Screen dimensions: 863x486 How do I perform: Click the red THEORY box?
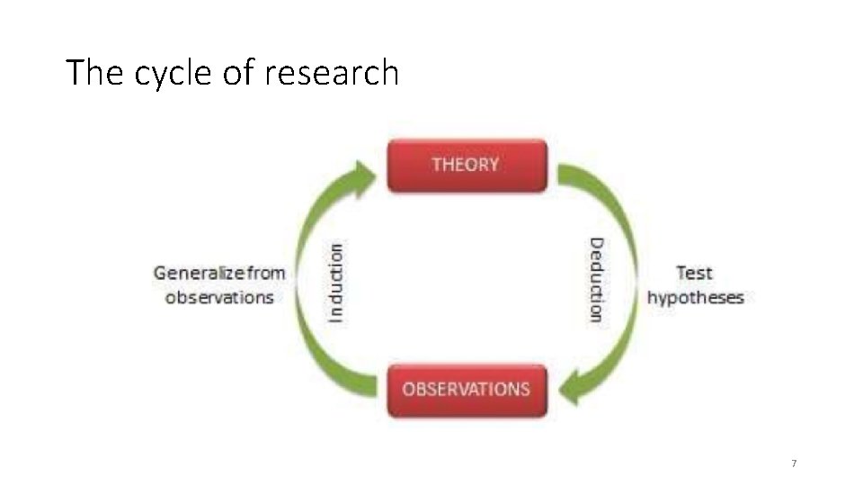point(467,166)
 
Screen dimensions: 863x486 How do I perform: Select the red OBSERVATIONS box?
point(467,391)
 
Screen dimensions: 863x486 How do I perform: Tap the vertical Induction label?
point(335,283)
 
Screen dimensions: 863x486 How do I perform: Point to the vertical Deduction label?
point(596,279)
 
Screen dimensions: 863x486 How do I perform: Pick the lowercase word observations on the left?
point(219,297)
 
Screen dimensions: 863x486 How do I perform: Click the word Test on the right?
point(694,273)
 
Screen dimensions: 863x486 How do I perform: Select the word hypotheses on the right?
point(696,297)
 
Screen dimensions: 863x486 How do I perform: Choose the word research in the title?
point(331,73)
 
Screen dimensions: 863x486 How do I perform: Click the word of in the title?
point(238,73)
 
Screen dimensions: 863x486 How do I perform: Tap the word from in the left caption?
point(265,273)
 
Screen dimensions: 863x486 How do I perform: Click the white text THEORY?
point(465,165)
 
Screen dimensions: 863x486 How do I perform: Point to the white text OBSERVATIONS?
point(466,390)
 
